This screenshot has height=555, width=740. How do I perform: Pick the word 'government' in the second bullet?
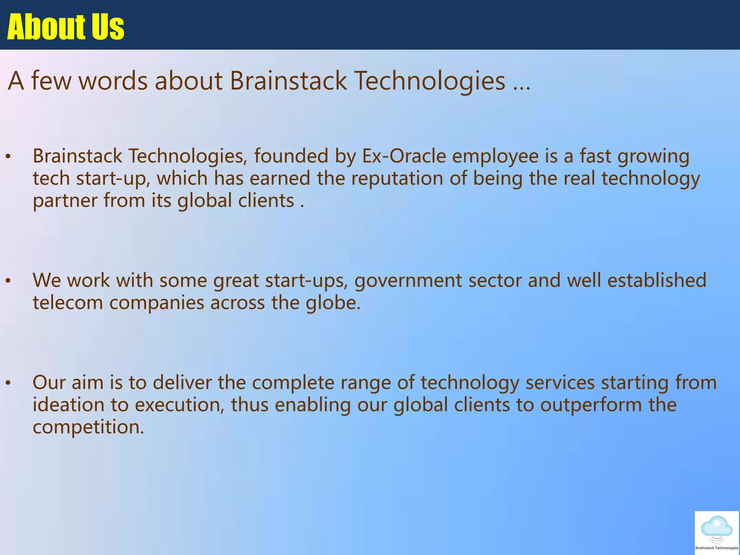pyautogui.click(x=408, y=281)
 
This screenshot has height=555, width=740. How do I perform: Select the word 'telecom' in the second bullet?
pyautogui.click(x=68, y=302)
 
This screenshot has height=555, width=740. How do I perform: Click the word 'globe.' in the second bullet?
pyautogui.click(x=333, y=302)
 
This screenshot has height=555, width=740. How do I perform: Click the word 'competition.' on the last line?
pyautogui.click(x=88, y=427)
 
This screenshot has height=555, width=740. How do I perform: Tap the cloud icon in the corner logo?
pyautogui.click(x=717, y=526)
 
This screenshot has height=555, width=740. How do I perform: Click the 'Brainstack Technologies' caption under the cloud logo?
pyautogui.click(x=717, y=548)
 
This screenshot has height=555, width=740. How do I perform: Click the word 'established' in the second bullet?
pyautogui.click(x=657, y=280)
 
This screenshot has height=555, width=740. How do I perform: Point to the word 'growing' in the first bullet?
pyautogui.click(x=653, y=157)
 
